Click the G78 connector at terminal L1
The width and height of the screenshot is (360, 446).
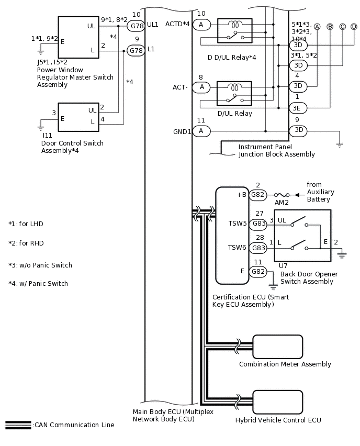(x=136, y=51)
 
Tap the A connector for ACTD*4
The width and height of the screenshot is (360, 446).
(x=201, y=25)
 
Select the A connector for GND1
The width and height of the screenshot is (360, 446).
(x=201, y=131)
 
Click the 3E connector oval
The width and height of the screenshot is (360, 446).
(x=298, y=108)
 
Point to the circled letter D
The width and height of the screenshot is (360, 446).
(x=354, y=27)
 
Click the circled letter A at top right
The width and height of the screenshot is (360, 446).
(x=317, y=27)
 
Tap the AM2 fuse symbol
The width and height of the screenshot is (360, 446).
(x=282, y=195)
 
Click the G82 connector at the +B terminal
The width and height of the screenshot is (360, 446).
(x=258, y=195)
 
